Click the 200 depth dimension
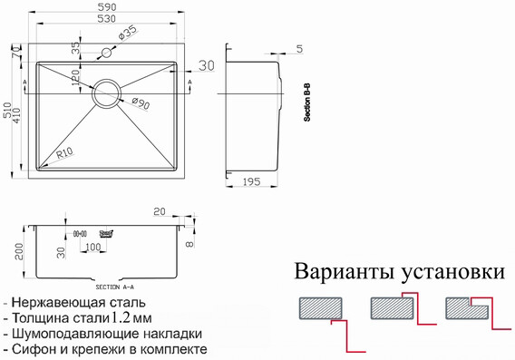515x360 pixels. (8, 248)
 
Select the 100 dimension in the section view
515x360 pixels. (92, 247)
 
